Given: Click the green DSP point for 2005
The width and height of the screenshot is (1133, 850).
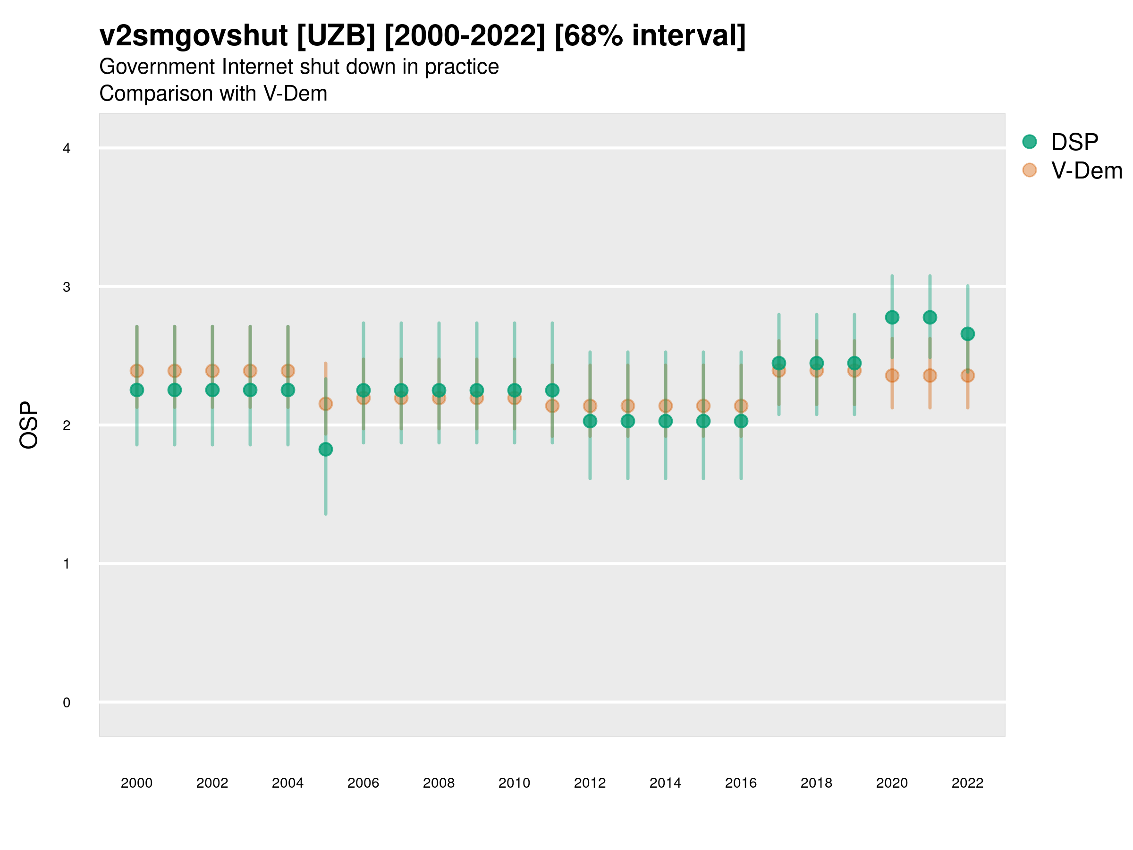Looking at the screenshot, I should point(325,450).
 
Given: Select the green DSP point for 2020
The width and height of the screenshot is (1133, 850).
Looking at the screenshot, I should point(892,317).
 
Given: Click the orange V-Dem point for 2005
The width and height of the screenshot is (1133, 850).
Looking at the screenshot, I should point(325,404).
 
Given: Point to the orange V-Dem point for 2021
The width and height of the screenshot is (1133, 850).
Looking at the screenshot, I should point(930,375).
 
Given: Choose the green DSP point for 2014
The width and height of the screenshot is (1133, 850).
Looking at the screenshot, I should point(665,421).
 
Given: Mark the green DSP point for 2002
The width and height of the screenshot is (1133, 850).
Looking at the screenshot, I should point(212,390).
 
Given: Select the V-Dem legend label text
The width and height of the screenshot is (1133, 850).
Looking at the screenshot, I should point(1086,170).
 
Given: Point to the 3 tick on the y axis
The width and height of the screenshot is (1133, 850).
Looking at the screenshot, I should point(67,287).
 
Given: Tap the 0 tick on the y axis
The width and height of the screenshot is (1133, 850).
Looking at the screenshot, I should point(67,703).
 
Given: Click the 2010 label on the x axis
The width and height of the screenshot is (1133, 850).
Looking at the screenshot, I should point(514,783).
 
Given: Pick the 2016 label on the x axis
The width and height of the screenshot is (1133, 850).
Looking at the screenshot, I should point(741,783).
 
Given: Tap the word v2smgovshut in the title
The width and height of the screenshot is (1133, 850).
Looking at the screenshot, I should point(194,36).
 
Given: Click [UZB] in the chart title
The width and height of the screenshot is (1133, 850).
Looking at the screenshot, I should point(336,36).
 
